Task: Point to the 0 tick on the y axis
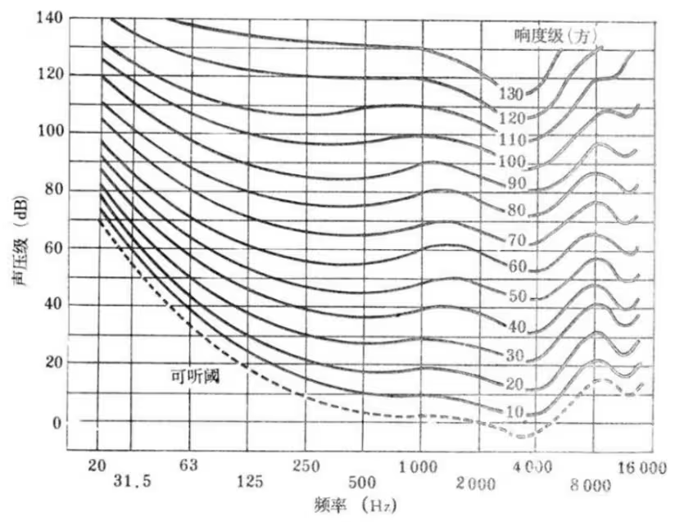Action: (x=57, y=424)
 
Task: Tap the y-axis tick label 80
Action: (x=51, y=190)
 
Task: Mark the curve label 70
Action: (x=515, y=241)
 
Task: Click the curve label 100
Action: (x=514, y=161)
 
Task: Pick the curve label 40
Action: (x=515, y=327)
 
